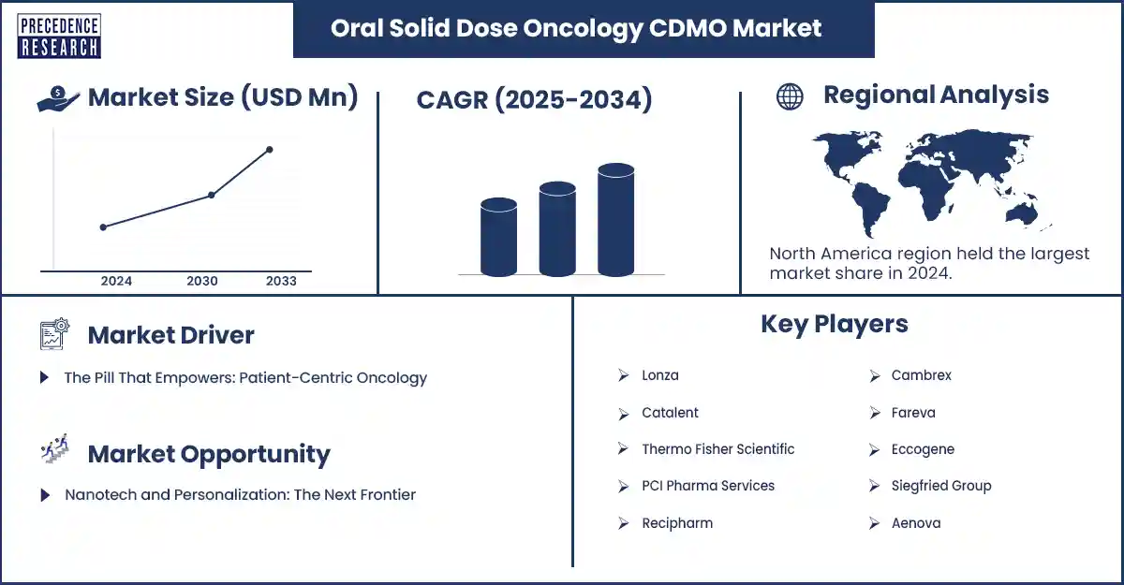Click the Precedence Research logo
[59, 37]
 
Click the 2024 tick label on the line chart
[116, 281]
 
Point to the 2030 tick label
[202, 281]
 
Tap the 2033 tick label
[281, 281]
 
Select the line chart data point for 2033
[270, 150]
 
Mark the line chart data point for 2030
[212, 195]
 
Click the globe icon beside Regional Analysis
[790, 96]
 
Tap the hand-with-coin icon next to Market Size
[58, 99]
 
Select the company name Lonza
[659, 375]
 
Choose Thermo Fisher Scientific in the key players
[717, 449]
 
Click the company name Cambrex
[921, 375]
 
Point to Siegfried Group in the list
[940, 486]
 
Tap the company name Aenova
[915, 523]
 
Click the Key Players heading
[834, 324]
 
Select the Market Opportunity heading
[208, 455]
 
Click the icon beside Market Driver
[54, 334]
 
